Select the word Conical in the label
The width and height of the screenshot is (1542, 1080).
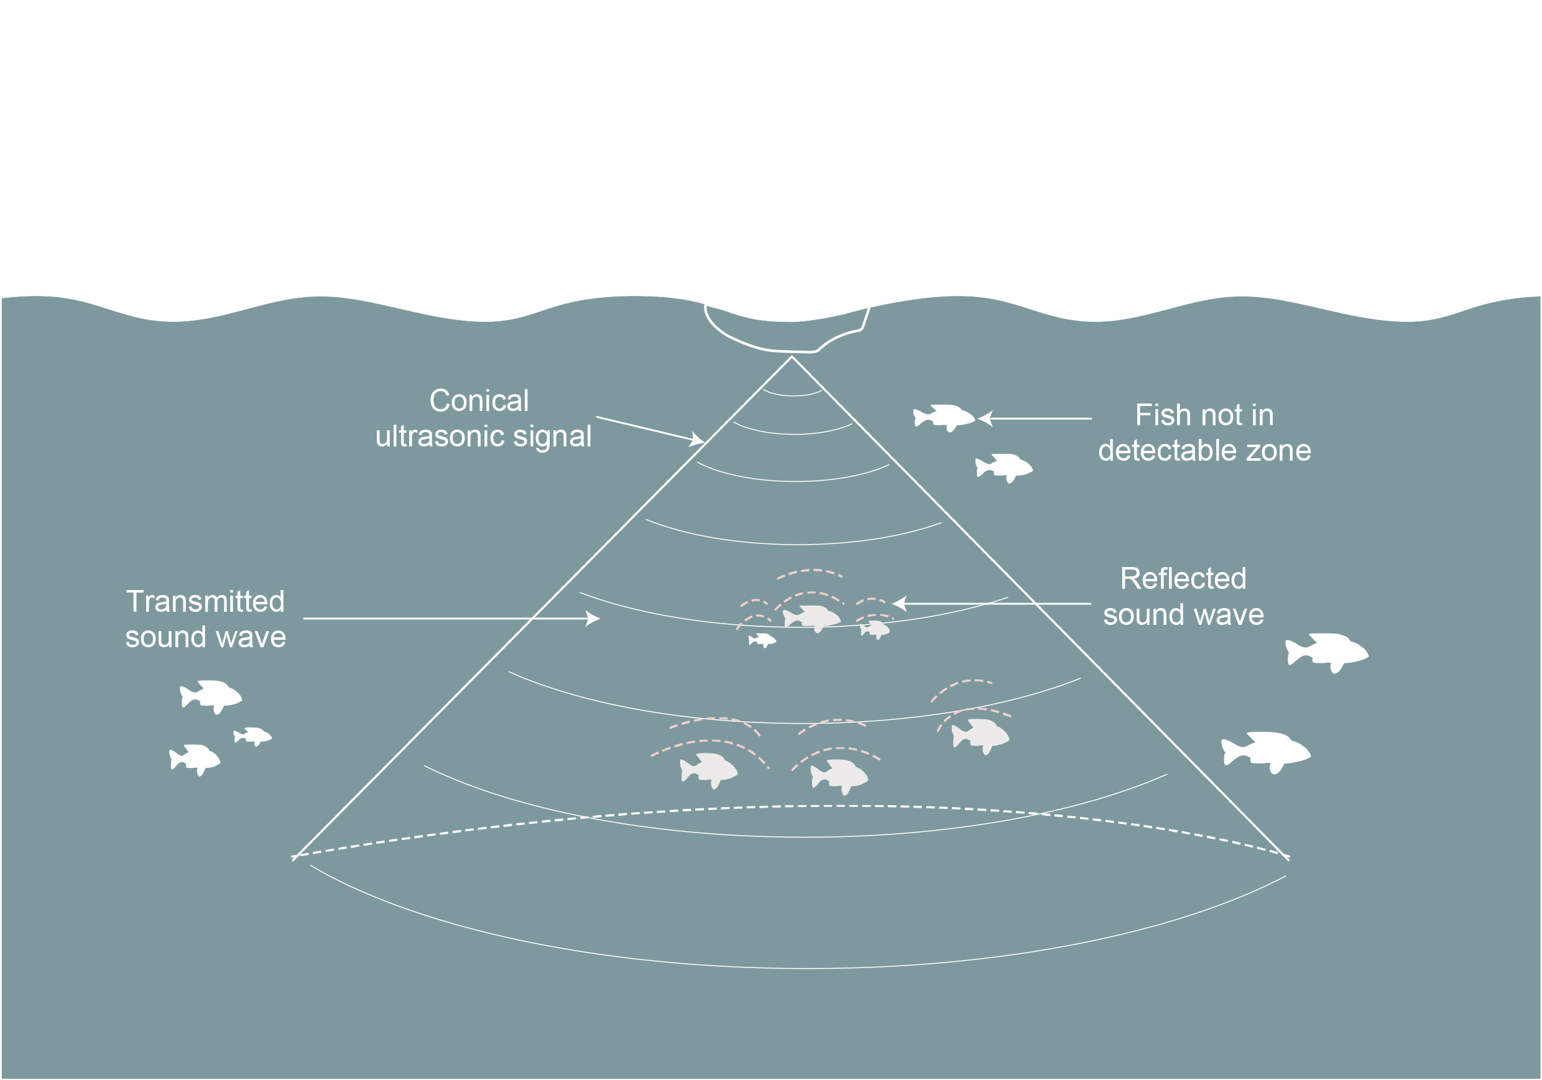point(479,401)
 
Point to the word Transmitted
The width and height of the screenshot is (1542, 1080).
point(206,601)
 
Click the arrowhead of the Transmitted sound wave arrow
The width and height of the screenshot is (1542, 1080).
point(594,618)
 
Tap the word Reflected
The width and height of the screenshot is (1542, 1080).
point(1183,578)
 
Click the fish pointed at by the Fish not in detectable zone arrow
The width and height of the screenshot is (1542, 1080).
point(944,417)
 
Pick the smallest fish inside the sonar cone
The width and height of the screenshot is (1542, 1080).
point(762,640)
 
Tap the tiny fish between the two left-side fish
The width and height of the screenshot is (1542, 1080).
point(252,736)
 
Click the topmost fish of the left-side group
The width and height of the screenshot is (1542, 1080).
point(211,695)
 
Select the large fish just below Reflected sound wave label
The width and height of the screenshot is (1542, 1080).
point(1326,651)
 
